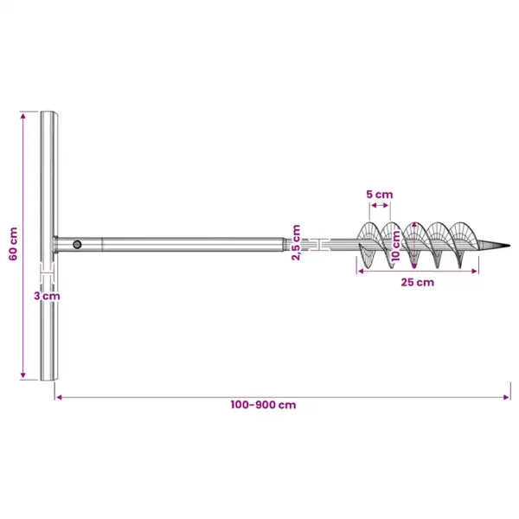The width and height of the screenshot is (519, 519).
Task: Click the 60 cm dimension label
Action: pos(13,244)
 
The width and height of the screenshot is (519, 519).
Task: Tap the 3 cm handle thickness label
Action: pos(47,296)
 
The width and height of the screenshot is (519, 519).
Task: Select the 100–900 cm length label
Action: pos(263,405)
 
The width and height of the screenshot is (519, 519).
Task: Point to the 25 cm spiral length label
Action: pos(418,282)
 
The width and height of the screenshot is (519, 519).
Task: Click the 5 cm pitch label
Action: pos(380,195)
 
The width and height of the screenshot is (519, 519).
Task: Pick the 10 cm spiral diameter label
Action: pos(395,246)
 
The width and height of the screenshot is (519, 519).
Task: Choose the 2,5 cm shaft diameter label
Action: pos(296,242)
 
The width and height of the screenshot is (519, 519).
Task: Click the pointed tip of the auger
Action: pos(509,246)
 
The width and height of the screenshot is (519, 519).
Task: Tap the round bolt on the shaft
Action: pos(77,245)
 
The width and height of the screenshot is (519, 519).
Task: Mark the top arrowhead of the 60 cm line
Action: pos(22,116)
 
